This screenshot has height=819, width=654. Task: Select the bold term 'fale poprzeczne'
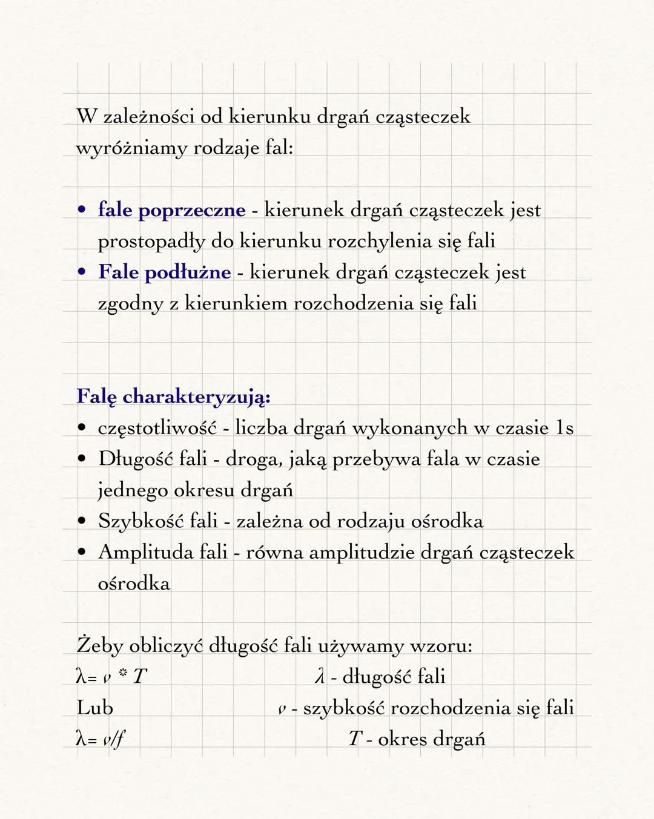(x=171, y=210)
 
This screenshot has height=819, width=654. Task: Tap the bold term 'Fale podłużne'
(x=164, y=272)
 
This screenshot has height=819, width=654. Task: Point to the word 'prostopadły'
(x=151, y=242)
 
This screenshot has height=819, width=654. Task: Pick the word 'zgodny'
(x=130, y=304)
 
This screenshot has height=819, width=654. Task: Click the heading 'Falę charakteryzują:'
(x=173, y=397)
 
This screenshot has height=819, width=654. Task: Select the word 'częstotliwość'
(x=157, y=429)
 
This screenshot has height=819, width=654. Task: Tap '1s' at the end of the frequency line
(x=564, y=428)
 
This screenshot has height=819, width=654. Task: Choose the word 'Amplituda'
(x=145, y=553)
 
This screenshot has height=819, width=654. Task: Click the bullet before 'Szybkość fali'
(x=81, y=522)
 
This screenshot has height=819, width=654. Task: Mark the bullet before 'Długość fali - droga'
(x=81, y=459)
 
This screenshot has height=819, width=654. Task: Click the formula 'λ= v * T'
(x=111, y=677)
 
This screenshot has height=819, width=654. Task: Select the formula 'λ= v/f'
(x=101, y=739)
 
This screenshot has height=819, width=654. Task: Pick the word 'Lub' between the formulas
(x=94, y=708)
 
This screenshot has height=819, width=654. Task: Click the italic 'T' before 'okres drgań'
(x=354, y=739)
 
